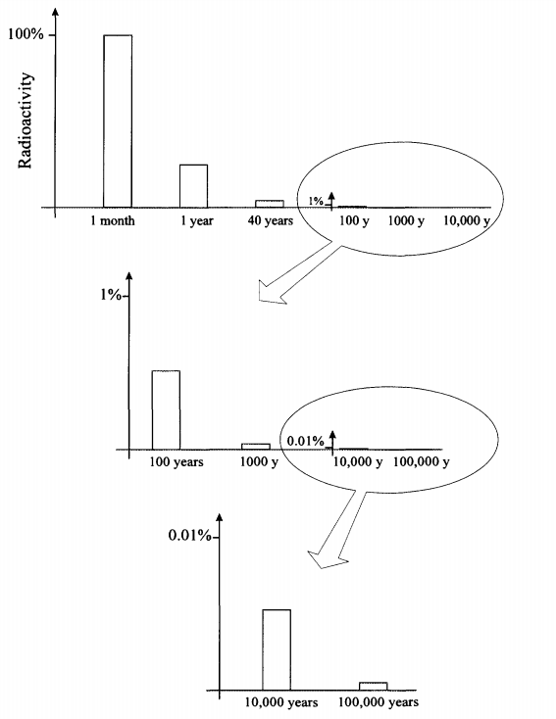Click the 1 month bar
point(118,121)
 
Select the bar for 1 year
point(193,186)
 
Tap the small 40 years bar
point(270,204)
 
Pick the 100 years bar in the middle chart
point(166,409)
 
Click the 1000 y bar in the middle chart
point(256,446)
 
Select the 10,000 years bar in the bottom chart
point(277,649)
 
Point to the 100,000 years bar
point(374,686)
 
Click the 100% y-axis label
point(25,34)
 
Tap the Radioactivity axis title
point(25,120)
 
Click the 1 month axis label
point(113,221)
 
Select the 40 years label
point(271,221)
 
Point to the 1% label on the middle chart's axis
point(111,295)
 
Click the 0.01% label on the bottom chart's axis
point(189,535)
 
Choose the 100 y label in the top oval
point(354,221)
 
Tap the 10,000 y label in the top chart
point(467,221)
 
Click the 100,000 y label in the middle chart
point(421,461)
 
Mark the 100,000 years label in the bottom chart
point(379,702)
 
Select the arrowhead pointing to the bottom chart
point(326,559)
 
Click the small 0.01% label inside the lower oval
point(306,441)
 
